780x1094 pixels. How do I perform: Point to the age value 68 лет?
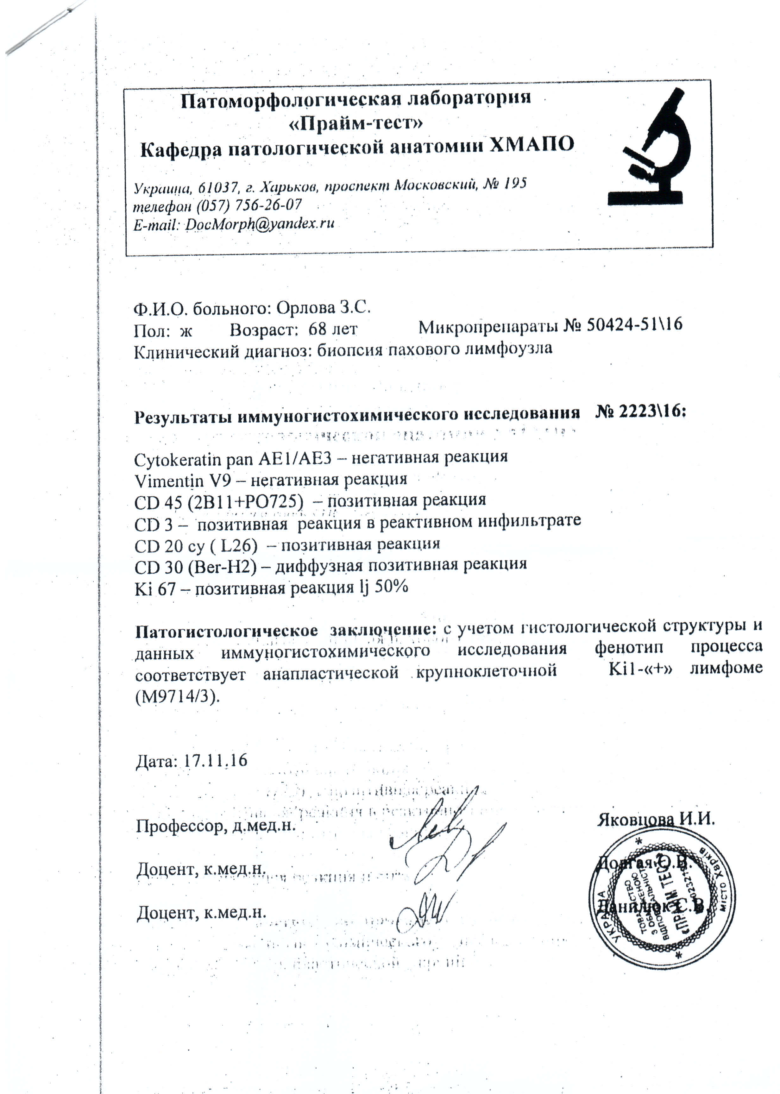point(333,330)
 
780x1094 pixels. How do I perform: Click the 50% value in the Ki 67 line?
point(391,586)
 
